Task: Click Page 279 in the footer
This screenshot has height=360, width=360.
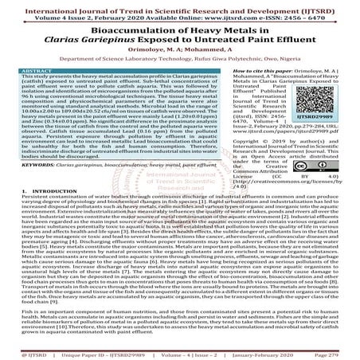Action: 338,350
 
